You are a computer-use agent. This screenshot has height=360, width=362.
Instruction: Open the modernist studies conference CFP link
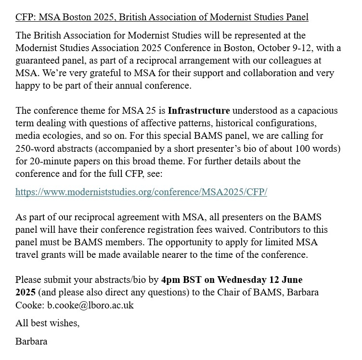point(141,192)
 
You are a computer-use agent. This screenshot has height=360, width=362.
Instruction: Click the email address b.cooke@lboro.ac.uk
point(90,305)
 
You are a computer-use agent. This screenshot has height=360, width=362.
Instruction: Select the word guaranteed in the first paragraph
point(40,61)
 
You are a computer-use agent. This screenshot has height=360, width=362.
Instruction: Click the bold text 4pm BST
point(178,280)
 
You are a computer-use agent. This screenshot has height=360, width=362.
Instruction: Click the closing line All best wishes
point(47,323)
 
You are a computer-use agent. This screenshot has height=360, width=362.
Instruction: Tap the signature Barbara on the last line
point(31,342)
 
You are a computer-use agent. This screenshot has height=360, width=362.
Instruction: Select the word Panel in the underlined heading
point(297,17)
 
